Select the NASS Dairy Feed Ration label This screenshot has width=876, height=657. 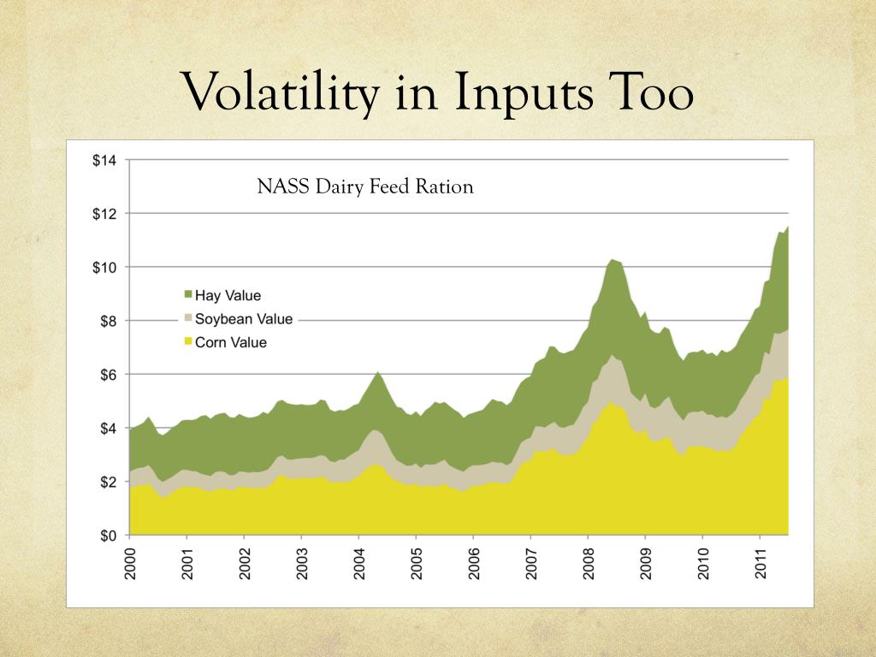365,186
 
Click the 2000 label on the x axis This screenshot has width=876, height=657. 130,562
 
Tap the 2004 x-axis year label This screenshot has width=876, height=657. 358,562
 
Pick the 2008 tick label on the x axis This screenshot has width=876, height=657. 588,562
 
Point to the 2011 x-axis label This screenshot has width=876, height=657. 760,562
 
